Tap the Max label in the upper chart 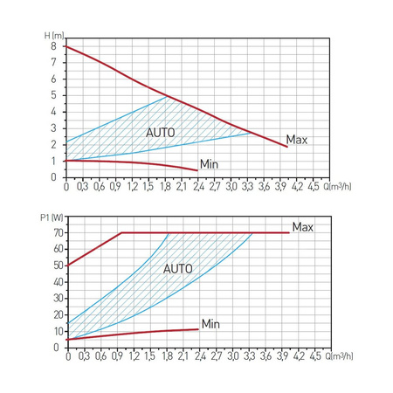tap(297, 140)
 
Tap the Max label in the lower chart tap(302, 227)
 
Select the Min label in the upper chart tap(209, 163)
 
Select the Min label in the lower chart tap(210, 324)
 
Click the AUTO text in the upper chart tap(161, 131)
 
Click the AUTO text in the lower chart tap(177, 269)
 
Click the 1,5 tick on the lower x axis tap(148, 357)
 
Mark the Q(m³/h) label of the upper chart tap(339, 186)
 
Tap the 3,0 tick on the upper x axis tap(231, 186)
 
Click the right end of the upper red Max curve tap(286, 147)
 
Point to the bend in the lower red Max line tap(121, 233)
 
